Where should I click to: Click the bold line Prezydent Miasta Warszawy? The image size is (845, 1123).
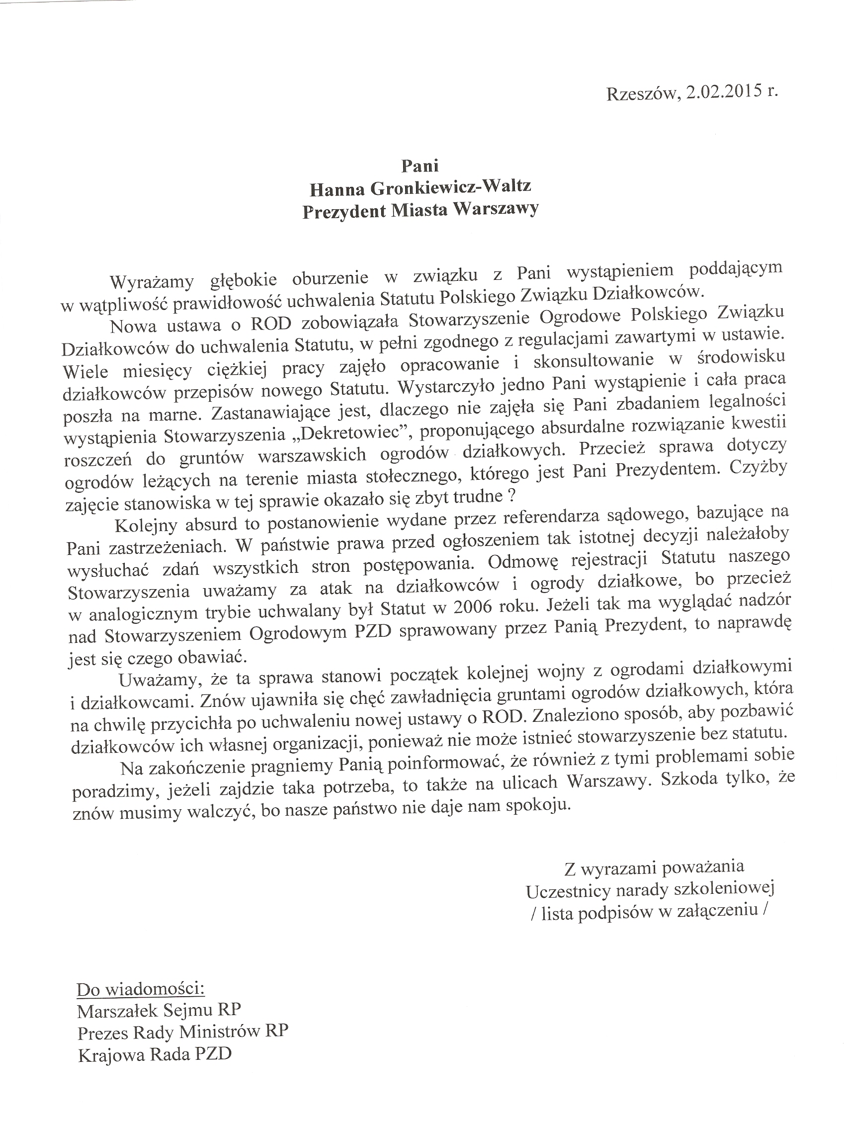pos(420,210)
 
